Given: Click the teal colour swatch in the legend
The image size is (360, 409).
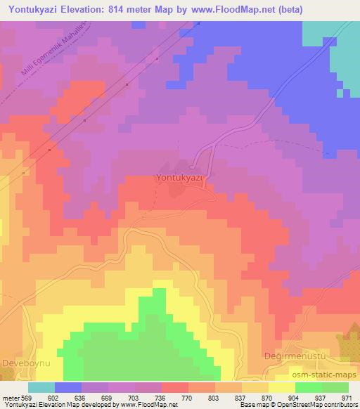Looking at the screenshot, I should [41, 387].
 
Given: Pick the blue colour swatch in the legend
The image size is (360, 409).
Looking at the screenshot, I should [68, 387].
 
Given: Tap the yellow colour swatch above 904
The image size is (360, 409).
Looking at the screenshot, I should [282, 387].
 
